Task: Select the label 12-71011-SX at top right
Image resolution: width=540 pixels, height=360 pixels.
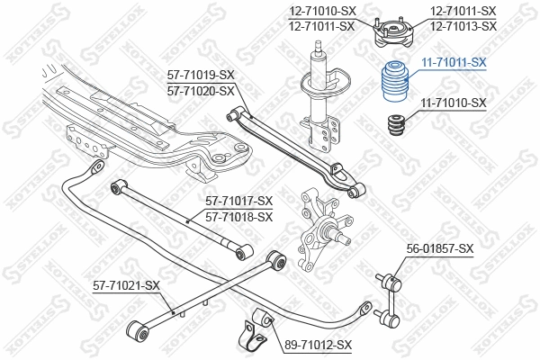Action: (463, 11)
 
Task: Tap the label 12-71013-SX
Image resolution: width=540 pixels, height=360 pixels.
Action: (463, 26)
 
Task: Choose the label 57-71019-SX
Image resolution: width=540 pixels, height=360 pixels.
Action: (201, 76)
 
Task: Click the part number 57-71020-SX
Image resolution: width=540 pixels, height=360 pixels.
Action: (201, 91)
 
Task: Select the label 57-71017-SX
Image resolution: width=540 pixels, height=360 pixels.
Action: (238, 201)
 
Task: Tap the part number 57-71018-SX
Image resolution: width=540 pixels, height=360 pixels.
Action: (238, 216)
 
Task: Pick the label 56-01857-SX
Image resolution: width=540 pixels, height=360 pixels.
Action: (440, 247)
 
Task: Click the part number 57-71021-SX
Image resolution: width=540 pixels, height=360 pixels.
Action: (126, 286)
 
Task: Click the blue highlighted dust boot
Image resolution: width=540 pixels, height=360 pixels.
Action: (393, 83)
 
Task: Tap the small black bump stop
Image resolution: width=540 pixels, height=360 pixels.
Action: (393, 126)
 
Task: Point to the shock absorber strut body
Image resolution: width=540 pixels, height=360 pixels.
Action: (319, 99)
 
